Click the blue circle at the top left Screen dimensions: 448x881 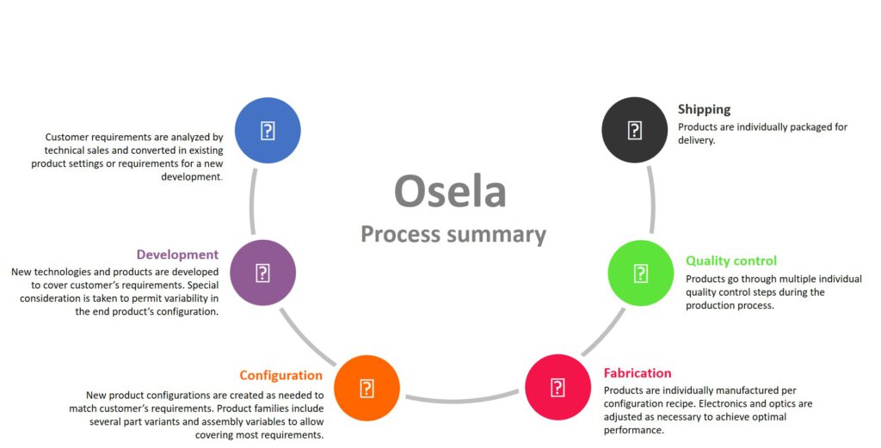pyautogui.click(x=268, y=131)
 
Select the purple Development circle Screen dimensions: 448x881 pyautogui.click(x=263, y=273)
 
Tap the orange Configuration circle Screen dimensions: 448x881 pyautogui.click(x=367, y=388)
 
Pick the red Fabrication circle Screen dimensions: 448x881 pyautogui.click(x=558, y=387)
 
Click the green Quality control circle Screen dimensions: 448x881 pyautogui.click(x=641, y=273)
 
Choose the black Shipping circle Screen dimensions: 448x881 pyautogui.click(x=634, y=130)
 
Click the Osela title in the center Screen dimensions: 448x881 pyautogui.click(x=449, y=192)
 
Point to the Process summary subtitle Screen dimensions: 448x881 pyautogui.click(x=453, y=234)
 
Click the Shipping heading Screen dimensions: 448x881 pyautogui.click(x=704, y=109)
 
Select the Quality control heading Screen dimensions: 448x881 pyautogui.click(x=730, y=261)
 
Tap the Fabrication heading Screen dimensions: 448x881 pyautogui.click(x=637, y=373)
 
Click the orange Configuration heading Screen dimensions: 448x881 pyautogui.click(x=280, y=375)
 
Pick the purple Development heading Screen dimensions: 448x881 pyautogui.click(x=177, y=255)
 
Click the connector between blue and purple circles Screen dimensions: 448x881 pyautogui.click(x=252, y=201)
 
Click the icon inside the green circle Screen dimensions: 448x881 pyautogui.click(x=641, y=273)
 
